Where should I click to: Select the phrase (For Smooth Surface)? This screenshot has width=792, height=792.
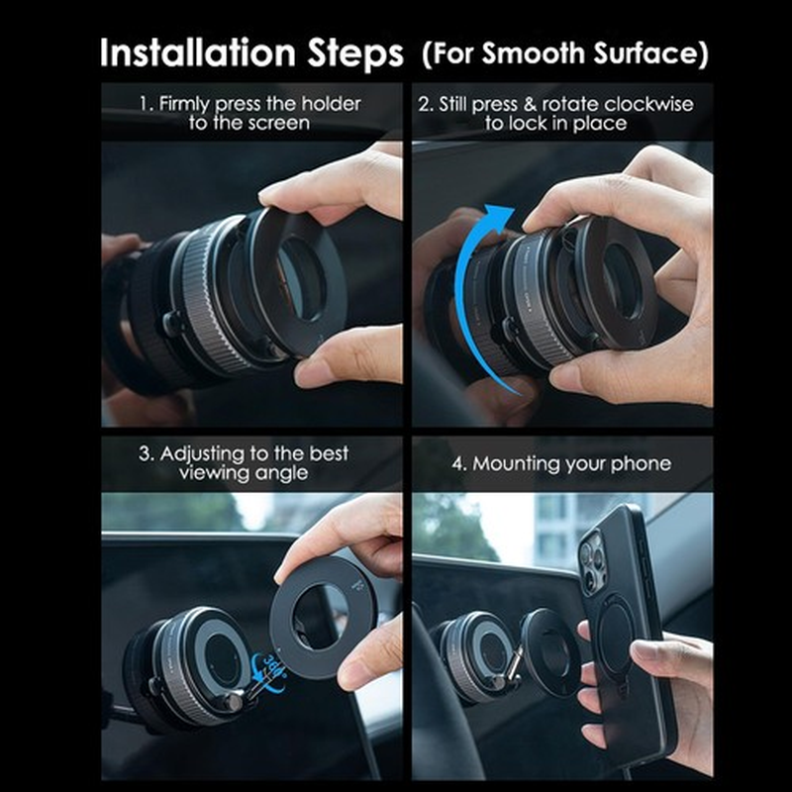click(x=565, y=54)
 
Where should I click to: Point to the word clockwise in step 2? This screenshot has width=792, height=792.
click(x=649, y=104)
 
